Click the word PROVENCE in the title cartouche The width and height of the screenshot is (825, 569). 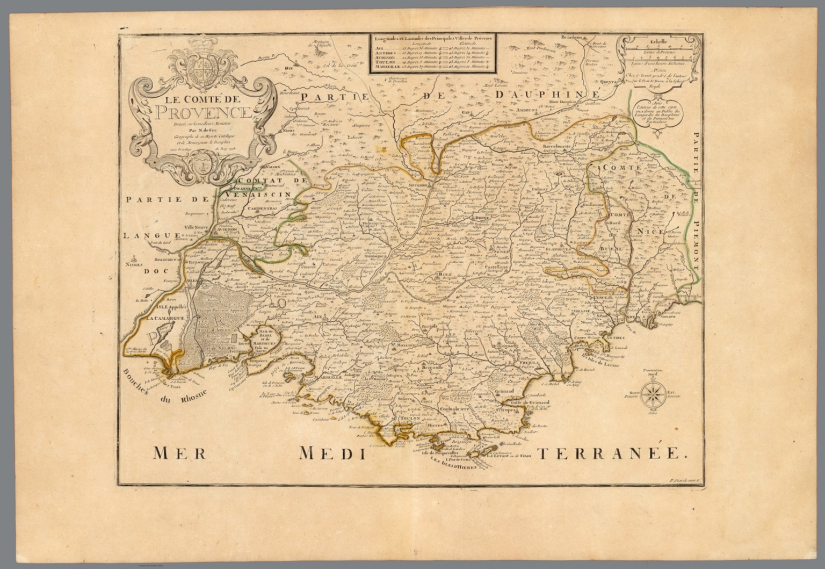click(x=203, y=113)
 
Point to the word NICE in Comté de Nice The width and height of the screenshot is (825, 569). click(x=651, y=231)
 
